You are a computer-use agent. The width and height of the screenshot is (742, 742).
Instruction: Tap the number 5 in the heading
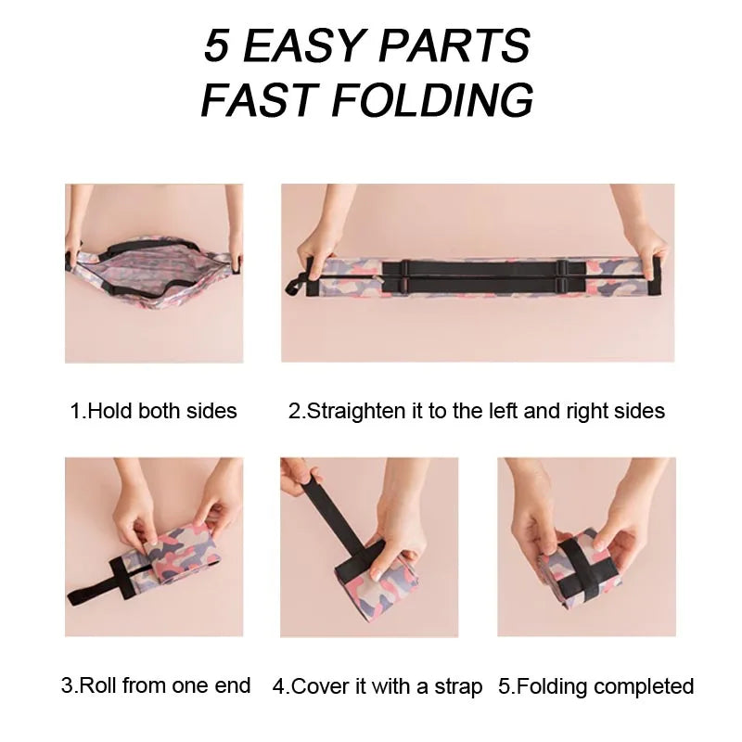point(216,45)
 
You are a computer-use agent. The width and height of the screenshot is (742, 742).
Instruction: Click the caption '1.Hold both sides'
point(154,410)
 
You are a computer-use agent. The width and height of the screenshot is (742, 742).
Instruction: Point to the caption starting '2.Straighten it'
point(477,410)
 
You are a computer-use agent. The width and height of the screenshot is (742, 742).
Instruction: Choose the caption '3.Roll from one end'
point(156,686)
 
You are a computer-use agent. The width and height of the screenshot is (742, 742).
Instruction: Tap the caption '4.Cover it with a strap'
point(377,687)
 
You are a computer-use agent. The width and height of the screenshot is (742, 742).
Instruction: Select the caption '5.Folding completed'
point(595,687)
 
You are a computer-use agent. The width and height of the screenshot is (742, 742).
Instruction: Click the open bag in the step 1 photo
point(154,274)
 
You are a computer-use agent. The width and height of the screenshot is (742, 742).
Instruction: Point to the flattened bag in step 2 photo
point(478,278)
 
